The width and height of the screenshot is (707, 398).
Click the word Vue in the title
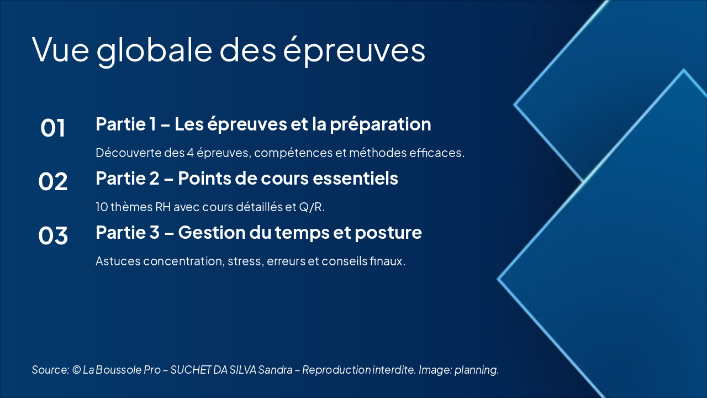60,50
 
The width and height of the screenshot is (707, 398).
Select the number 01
52,128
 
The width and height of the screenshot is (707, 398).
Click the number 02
52,182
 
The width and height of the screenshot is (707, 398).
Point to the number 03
52,235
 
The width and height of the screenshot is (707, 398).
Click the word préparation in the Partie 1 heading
381,125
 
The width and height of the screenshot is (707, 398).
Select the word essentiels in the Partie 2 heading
355,178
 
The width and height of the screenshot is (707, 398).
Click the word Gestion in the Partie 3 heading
212,233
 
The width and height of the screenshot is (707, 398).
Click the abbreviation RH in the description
163,207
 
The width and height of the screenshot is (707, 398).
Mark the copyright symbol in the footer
76,370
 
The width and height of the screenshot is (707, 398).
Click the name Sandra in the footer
275,370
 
